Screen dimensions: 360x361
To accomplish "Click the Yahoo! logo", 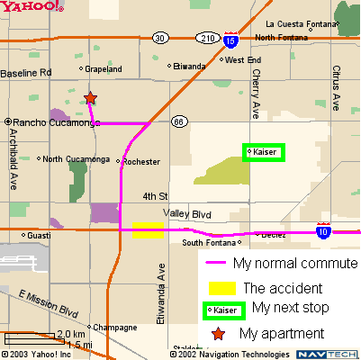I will point(32,7).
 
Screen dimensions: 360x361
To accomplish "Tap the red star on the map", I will point(90,98).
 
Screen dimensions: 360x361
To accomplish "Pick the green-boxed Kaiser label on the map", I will point(264,152).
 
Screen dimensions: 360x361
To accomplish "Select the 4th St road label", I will point(155,195).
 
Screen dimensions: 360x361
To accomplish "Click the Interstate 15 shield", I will point(231,40).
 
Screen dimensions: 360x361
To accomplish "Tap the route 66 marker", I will point(179,122).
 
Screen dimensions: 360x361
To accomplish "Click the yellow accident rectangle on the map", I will point(148,230).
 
